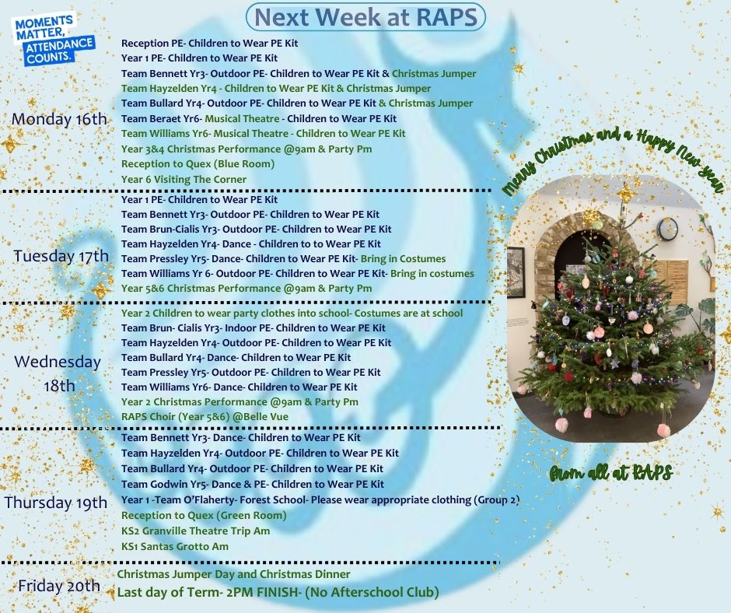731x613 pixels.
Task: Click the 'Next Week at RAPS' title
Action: (366, 17)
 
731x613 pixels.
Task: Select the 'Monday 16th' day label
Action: (59, 119)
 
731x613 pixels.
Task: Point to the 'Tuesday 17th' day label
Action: (61, 256)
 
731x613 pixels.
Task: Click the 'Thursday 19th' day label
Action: (56, 503)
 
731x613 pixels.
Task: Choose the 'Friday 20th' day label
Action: (59, 586)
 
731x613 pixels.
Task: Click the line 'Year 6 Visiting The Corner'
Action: (184, 179)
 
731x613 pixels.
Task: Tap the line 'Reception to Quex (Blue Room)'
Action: (198, 163)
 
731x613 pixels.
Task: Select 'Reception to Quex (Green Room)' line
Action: (204, 516)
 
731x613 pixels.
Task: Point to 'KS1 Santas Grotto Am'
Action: (175, 546)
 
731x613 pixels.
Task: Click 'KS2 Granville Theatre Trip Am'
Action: (195, 531)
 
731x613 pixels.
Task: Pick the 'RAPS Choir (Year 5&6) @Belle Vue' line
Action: (205, 417)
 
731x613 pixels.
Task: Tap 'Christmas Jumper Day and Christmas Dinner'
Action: (233, 574)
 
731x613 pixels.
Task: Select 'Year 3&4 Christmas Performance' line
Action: (247, 149)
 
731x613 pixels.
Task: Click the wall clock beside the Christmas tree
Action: (667, 229)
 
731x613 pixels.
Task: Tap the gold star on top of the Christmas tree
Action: (624, 192)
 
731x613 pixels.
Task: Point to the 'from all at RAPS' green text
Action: (610, 473)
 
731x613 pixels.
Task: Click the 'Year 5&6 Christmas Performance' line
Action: (247, 289)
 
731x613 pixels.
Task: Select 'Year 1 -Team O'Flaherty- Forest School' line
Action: (320, 500)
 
